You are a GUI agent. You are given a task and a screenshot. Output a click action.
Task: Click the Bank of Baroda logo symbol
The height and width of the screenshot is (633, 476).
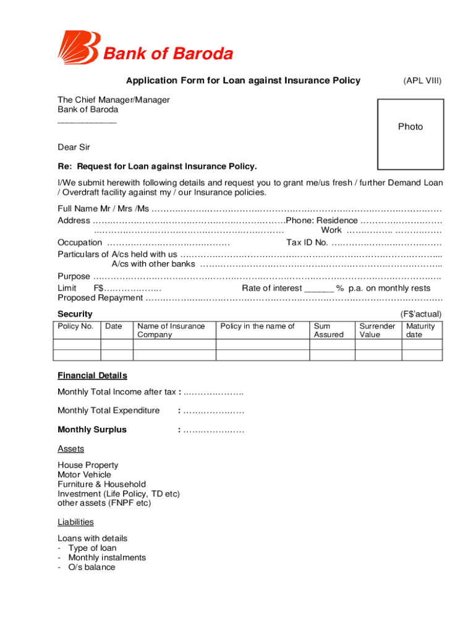click(78, 48)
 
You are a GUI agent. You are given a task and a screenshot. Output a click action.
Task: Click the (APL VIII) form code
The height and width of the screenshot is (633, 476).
click(422, 81)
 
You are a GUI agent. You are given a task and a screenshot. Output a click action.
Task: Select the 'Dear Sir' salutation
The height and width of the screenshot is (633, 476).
click(74, 147)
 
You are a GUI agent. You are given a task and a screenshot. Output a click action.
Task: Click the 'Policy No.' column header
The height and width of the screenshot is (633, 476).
click(75, 326)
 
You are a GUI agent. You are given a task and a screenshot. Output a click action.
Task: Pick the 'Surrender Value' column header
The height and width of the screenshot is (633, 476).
click(377, 330)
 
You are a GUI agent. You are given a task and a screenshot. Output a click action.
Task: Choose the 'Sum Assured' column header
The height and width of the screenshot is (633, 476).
click(328, 330)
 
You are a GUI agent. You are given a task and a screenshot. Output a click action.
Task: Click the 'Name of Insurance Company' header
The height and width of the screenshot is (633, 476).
click(171, 330)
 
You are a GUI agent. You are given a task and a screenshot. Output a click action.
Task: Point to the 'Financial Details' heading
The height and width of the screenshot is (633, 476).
click(92, 375)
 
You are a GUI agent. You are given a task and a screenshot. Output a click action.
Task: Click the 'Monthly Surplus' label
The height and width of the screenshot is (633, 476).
click(92, 430)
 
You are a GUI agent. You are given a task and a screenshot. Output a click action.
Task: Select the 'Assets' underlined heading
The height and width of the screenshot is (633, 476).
click(70, 449)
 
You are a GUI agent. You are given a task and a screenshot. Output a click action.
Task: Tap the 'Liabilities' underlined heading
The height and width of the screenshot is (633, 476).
click(75, 522)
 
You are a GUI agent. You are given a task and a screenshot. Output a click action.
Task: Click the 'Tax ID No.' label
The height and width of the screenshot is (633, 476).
click(307, 243)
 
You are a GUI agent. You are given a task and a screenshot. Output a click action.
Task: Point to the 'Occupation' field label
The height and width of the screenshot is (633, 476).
click(80, 243)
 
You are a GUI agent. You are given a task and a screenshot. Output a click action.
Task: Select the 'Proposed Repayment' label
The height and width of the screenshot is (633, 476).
click(100, 298)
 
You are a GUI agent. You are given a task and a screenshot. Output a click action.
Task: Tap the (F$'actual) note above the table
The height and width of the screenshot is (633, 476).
click(420, 314)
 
